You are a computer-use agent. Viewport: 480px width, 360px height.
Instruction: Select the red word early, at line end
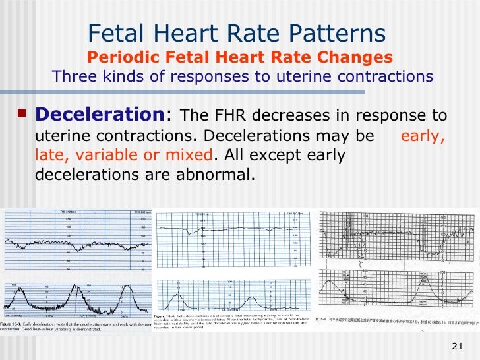pyautogui.click(x=423, y=137)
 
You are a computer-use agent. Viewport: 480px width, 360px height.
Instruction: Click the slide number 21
pyautogui.click(x=459, y=347)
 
